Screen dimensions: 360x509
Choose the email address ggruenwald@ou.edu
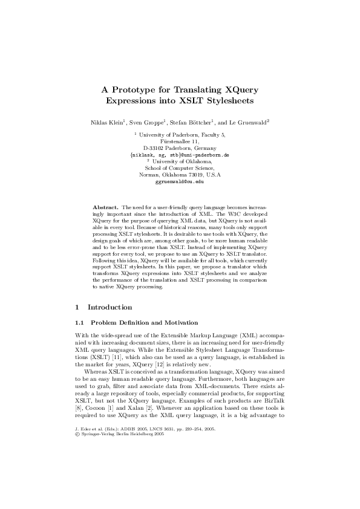click(x=180, y=181)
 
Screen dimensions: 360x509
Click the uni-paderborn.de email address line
click(x=180, y=155)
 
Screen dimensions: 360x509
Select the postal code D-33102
click(x=157, y=148)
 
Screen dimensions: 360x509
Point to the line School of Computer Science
click(x=180, y=168)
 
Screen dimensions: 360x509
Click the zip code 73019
click(x=201, y=175)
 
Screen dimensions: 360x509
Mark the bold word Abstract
click(x=109, y=207)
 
